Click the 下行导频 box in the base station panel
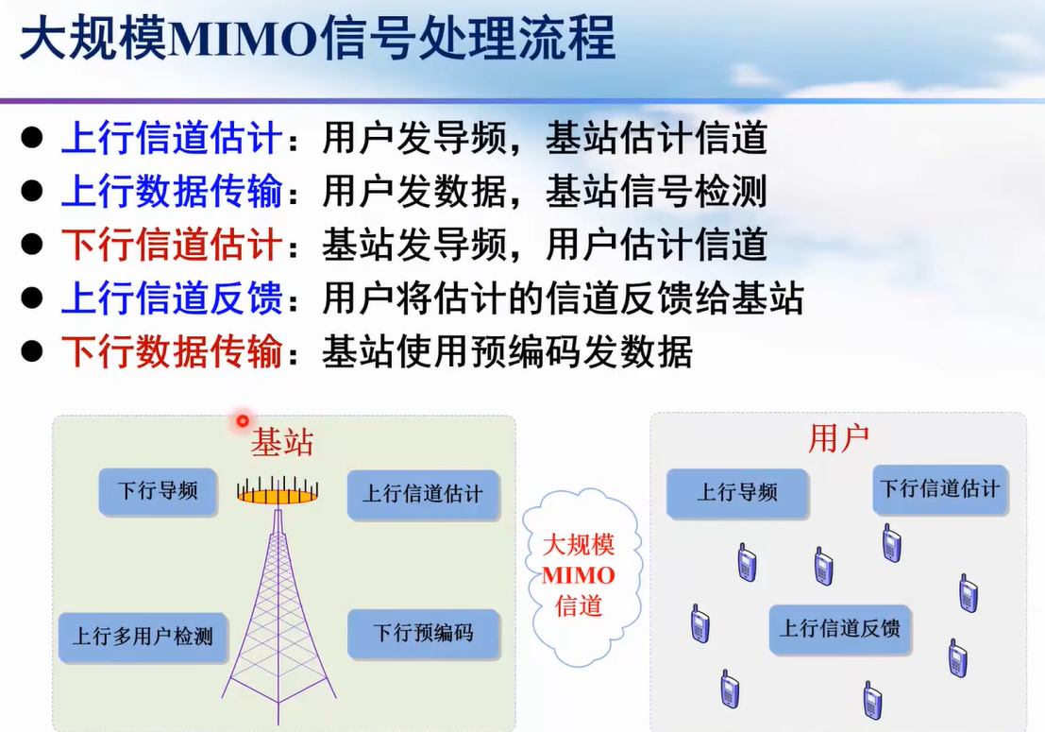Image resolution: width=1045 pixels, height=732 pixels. click(x=158, y=492)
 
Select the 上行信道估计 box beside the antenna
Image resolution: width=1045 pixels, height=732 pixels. click(x=423, y=495)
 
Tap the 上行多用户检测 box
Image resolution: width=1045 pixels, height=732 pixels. click(x=143, y=638)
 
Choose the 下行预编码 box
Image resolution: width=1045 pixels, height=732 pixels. click(x=423, y=634)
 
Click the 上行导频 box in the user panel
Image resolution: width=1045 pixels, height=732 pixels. click(x=737, y=493)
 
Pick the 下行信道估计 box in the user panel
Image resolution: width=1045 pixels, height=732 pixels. click(x=939, y=489)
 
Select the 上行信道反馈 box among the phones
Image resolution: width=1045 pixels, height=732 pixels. click(x=840, y=629)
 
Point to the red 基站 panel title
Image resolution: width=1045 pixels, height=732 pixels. click(x=282, y=441)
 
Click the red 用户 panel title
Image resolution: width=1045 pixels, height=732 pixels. click(x=838, y=438)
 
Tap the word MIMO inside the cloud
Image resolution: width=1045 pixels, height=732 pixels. click(x=578, y=575)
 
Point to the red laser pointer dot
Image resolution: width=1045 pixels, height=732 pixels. click(x=243, y=420)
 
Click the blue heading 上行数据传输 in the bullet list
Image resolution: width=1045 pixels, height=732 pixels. click(x=172, y=192)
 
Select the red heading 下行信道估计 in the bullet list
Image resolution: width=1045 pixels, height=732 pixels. click(x=172, y=245)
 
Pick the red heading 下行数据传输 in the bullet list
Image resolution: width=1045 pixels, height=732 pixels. click(x=172, y=351)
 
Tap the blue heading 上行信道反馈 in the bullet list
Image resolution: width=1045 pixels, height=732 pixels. click(x=172, y=298)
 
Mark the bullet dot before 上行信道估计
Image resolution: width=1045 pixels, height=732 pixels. click(x=32, y=138)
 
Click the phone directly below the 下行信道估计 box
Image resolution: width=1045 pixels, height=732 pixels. click(x=892, y=543)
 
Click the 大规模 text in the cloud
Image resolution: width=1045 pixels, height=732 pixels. click(x=578, y=545)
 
